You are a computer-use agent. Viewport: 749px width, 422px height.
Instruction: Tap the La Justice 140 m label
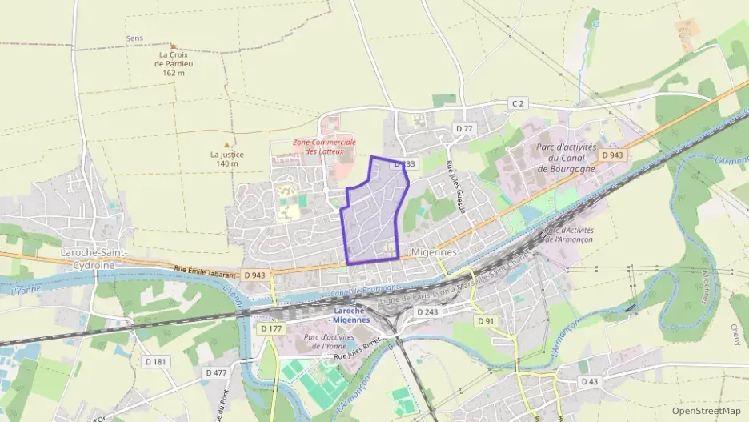click(x=226, y=159)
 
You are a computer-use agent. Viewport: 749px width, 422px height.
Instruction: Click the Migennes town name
click(x=433, y=251)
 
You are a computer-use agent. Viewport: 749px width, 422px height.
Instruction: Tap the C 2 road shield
click(x=519, y=103)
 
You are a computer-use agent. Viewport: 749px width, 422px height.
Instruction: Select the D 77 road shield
click(x=464, y=128)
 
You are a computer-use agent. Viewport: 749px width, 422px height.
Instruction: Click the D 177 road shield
click(x=272, y=328)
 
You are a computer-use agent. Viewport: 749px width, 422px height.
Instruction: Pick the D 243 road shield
click(x=427, y=311)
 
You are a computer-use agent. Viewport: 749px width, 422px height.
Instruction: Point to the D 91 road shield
click(x=486, y=320)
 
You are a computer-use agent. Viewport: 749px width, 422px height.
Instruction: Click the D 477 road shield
click(x=216, y=372)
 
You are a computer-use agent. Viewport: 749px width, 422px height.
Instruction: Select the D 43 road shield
click(x=589, y=381)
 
